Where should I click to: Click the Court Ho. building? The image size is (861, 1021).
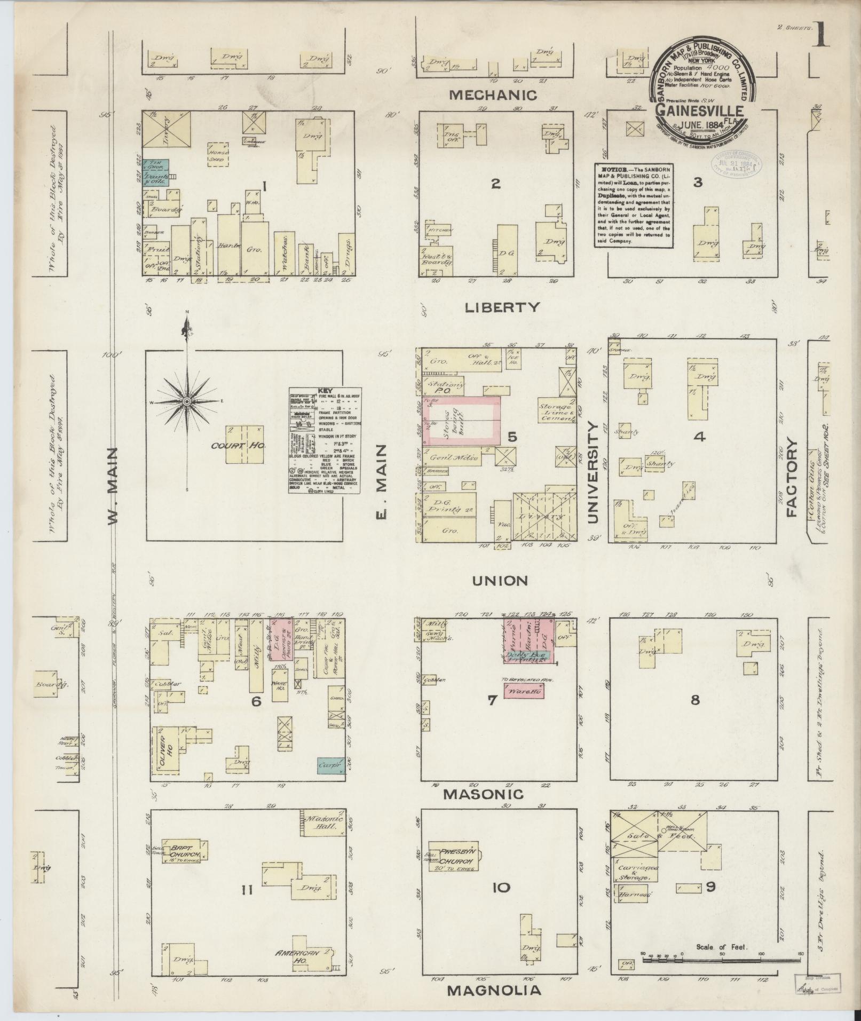[x=245, y=444]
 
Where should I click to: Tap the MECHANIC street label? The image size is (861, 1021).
[x=493, y=95]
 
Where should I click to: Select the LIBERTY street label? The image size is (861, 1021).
[x=502, y=307]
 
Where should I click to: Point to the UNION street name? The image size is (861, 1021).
[x=500, y=580]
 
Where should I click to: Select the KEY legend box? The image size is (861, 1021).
[x=325, y=439]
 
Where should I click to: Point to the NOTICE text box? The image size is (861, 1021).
[x=633, y=204]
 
